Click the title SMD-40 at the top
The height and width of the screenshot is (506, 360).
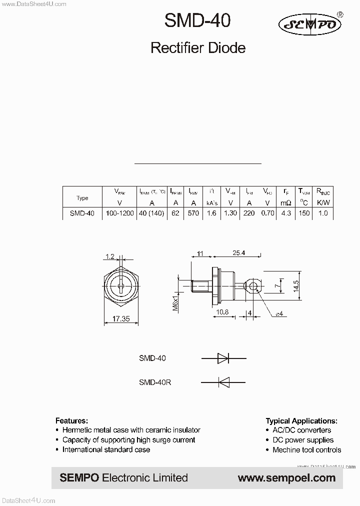click(x=197, y=21)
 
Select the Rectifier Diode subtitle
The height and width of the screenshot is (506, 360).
click(x=198, y=48)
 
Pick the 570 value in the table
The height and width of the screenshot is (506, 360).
click(x=192, y=213)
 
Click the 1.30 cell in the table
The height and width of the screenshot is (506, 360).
click(x=230, y=213)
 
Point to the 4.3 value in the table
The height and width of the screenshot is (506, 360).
click(x=285, y=213)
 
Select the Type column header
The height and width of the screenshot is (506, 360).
click(x=82, y=198)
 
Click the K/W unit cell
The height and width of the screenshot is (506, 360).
click(x=323, y=203)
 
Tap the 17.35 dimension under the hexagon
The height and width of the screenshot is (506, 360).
click(x=121, y=318)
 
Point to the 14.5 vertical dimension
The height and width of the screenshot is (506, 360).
click(x=295, y=285)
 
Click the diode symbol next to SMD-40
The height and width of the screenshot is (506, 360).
click(x=223, y=358)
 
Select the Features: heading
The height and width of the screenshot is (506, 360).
click(x=71, y=420)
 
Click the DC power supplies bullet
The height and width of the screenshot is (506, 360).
click(x=303, y=440)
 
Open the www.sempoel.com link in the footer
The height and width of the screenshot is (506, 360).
click(x=286, y=478)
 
